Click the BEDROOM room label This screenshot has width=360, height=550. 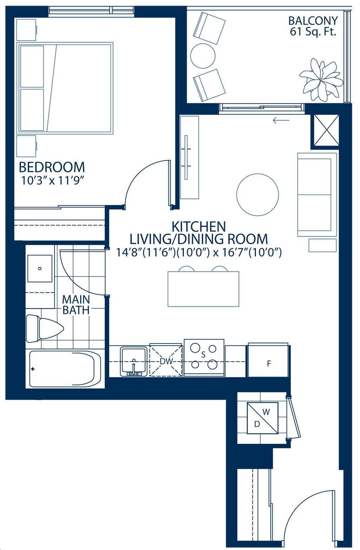click(x=52, y=167)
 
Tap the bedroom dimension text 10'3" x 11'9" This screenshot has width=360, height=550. click(x=53, y=181)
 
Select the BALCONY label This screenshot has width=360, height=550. click(x=313, y=21)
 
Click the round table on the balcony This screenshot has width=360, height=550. click(x=203, y=56)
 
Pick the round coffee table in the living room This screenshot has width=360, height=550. click(x=257, y=194)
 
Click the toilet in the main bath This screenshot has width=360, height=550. click(x=45, y=328)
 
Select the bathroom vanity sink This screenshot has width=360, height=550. click(x=40, y=268)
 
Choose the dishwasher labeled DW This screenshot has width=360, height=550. click(x=166, y=360)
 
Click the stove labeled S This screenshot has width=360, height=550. click(x=204, y=358)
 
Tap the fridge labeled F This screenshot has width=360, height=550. click(x=268, y=360)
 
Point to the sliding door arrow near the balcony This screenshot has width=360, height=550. click(x=281, y=120)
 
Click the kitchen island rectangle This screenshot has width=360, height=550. click(x=204, y=289)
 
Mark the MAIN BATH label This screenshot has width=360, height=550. click(x=76, y=305)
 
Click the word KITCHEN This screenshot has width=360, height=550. click(x=199, y=226)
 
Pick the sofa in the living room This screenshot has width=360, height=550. click(x=317, y=195)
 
